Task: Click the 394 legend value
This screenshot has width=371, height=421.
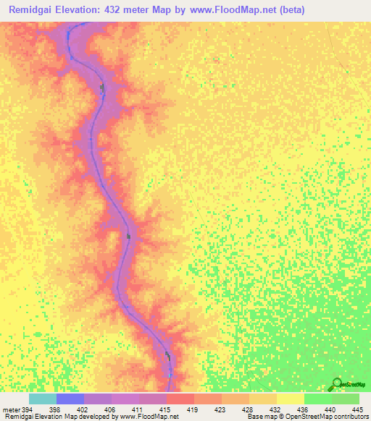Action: (x=28, y=409)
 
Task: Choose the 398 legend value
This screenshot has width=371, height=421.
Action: (x=56, y=409)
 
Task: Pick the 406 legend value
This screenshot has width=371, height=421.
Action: (x=111, y=409)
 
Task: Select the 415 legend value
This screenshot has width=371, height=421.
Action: (x=166, y=409)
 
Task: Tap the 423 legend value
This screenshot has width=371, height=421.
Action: (x=221, y=409)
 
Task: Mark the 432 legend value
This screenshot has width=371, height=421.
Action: (x=276, y=409)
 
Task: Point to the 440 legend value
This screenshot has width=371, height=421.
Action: (x=331, y=409)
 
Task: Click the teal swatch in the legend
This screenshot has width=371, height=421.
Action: (x=42, y=399)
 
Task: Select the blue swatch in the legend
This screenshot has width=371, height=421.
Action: (x=70, y=399)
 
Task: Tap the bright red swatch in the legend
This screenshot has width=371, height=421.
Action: (x=180, y=399)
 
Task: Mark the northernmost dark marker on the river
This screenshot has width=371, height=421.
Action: (x=102, y=88)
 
